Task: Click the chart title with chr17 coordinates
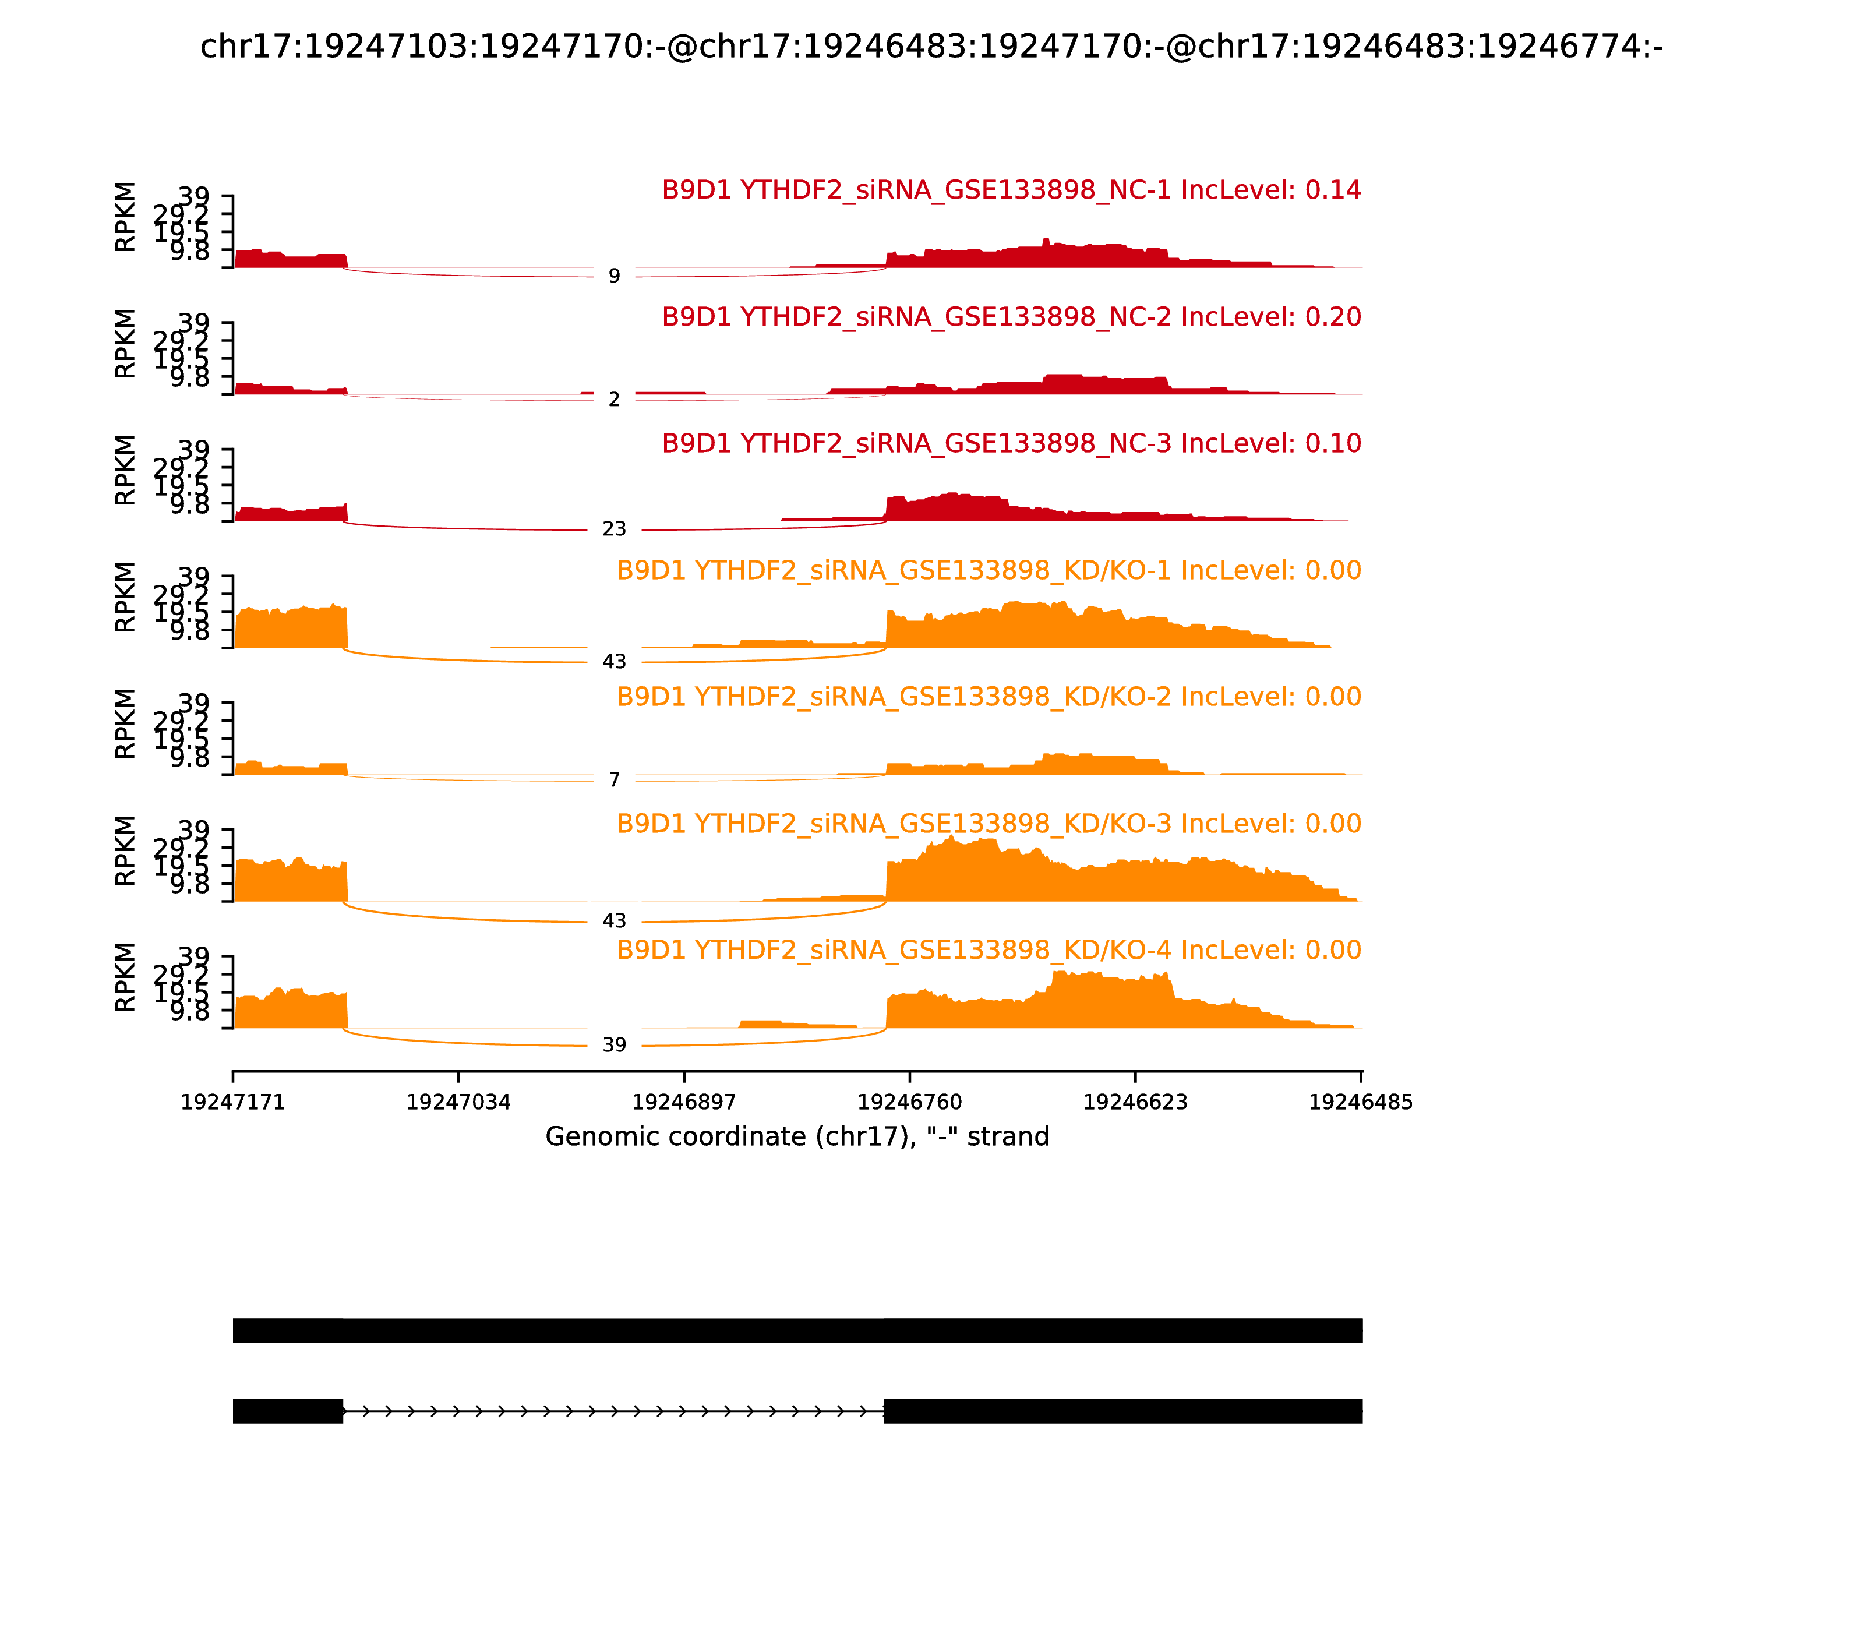931,47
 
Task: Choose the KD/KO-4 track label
989,949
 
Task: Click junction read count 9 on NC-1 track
615,276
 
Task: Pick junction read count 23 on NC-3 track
615,529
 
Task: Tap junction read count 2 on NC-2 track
615,400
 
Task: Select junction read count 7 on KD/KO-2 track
615,780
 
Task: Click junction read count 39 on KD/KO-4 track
615,1045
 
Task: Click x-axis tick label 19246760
909,1102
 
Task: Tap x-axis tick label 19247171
233,1102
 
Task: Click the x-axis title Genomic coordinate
797,1137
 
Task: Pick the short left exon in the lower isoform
288,1411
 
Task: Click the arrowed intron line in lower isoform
613,1411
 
